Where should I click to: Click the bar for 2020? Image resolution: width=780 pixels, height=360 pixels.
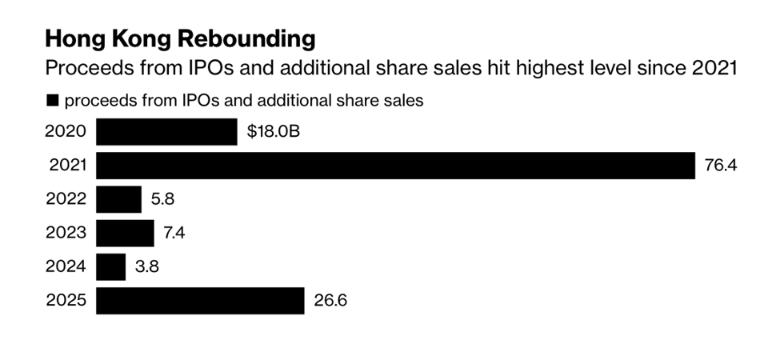pos(166,131)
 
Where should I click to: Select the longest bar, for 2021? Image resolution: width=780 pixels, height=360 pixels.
pos(395,166)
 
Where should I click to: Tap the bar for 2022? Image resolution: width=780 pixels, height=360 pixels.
pos(118,199)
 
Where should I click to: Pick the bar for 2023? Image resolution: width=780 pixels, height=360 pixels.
pos(125,233)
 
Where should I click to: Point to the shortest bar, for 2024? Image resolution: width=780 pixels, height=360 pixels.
pos(111,266)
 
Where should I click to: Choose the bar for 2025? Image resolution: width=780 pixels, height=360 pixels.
pos(200,301)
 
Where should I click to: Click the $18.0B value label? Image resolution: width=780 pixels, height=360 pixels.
pos(274,131)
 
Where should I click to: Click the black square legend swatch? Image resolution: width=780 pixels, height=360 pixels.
pos(54,101)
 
